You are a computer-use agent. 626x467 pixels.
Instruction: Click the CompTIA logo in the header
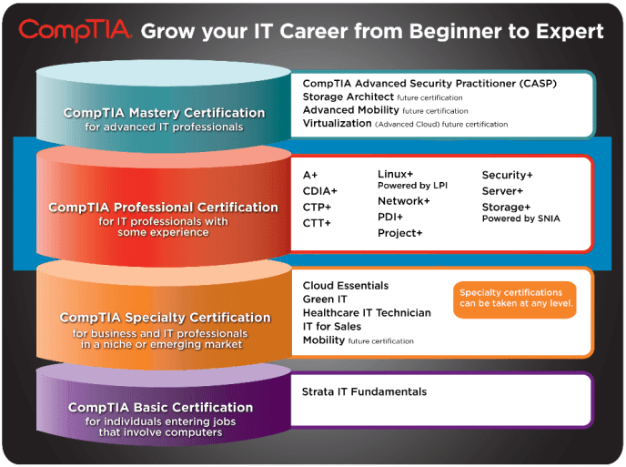(76, 30)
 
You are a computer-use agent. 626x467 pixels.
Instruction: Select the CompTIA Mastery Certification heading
(164, 113)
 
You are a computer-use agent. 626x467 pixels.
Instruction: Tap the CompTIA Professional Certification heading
(163, 208)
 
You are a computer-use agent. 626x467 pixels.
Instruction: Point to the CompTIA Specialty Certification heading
(165, 318)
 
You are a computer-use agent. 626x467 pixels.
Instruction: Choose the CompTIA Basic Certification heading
(160, 407)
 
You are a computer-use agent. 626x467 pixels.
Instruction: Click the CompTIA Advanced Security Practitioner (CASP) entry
(429, 84)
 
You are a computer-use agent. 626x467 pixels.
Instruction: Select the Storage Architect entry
(348, 96)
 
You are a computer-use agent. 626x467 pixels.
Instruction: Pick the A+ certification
(311, 175)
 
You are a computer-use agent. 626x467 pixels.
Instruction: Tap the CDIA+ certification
(320, 191)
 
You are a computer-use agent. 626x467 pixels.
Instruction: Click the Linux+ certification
(396, 174)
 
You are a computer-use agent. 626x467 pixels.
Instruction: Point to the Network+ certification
(404, 201)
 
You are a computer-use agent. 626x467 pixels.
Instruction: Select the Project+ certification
(400, 233)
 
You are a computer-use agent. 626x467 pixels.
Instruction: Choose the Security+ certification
(508, 175)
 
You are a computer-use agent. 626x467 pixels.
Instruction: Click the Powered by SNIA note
(521, 218)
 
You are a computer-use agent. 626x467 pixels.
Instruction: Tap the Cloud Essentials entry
(346, 286)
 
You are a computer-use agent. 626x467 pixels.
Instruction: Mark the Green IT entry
(325, 299)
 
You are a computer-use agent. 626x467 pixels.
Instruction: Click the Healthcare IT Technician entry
(367, 313)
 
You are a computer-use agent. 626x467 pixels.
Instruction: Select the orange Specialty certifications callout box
(514, 299)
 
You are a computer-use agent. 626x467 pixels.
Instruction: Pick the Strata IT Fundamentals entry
(364, 392)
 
